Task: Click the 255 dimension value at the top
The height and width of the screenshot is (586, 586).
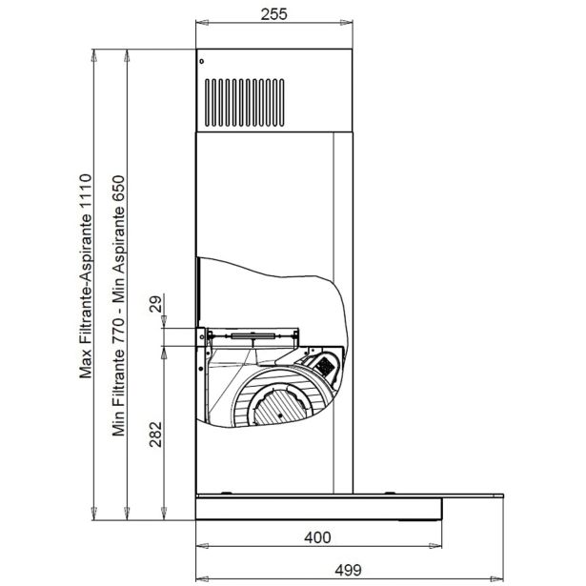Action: click(273, 14)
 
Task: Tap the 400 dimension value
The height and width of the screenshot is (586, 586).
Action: click(317, 537)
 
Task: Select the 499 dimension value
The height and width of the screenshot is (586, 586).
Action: click(349, 571)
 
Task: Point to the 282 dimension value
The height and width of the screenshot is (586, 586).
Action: click(155, 434)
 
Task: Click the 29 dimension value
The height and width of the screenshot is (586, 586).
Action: click(155, 304)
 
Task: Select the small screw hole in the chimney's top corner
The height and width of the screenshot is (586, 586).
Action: click(201, 61)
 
